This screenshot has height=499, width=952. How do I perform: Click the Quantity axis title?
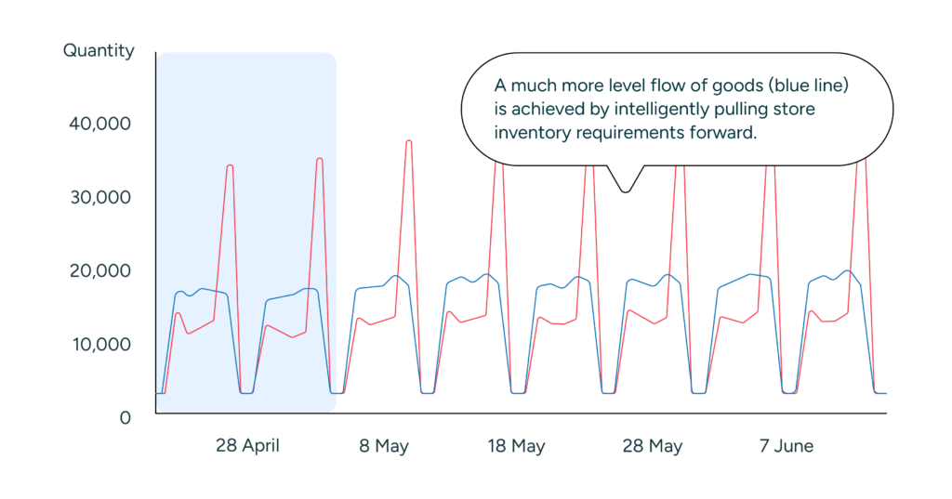click(x=99, y=51)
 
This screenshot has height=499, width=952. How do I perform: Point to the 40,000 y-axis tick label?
click(x=100, y=124)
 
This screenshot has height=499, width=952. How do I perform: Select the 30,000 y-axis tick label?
click(x=100, y=197)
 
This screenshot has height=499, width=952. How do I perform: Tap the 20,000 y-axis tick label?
click(x=100, y=270)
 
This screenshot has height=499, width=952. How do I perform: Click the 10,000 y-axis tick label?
click(x=100, y=344)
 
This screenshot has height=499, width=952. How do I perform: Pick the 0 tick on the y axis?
click(x=125, y=418)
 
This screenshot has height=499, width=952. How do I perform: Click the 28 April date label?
click(x=247, y=446)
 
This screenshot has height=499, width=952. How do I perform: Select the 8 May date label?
click(x=384, y=446)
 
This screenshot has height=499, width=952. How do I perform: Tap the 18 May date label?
click(x=516, y=446)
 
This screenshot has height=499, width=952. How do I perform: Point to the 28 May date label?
click(x=652, y=446)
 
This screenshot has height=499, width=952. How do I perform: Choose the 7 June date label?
click(x=786, y=446)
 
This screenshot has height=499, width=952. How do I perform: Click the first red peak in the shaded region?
click(x=230, y=166)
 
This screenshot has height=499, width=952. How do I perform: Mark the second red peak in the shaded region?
click(x=320, y=160)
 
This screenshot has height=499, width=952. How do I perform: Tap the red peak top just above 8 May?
click(x=408, y=141)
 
